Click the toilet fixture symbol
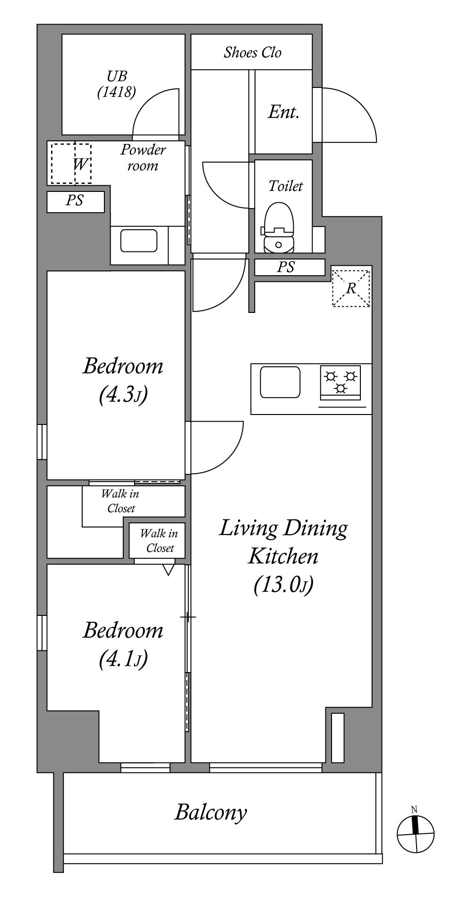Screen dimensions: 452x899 click(278, 228)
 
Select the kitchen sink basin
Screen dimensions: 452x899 click(281, 382)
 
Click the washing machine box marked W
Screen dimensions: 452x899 click(71, 164)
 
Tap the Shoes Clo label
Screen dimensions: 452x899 click(252, 52)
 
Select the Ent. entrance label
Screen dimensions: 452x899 click(284, 112)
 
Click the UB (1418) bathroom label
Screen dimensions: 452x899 click(117, 84)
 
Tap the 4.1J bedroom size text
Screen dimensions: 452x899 click(123, 659)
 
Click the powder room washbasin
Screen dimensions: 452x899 click(139, 241)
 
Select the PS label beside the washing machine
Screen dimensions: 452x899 click(75, 200)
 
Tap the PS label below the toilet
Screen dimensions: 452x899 click(286, 267)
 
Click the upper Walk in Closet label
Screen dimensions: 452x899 click(120, 501)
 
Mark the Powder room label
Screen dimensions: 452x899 click(143, 158)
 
